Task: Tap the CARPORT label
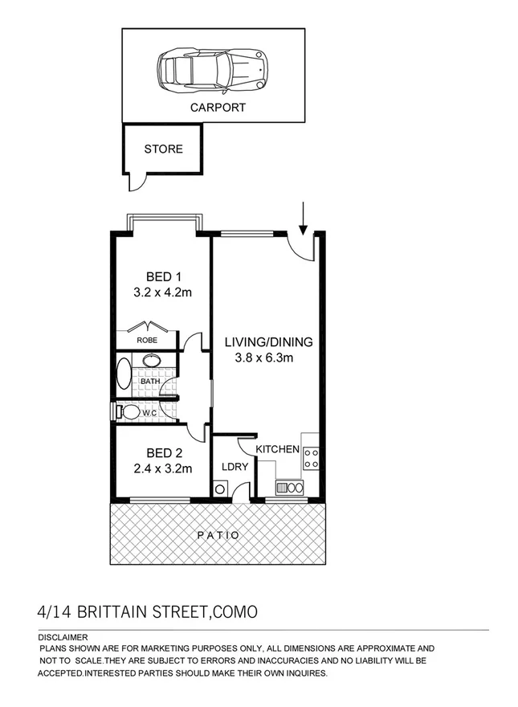point(217,107)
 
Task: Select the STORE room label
point(163,149)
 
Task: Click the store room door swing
point(138,183)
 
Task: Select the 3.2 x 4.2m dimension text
point(162,292)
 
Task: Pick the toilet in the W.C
point(128,412)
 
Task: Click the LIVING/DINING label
point(267,341)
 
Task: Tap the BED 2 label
point(162,452)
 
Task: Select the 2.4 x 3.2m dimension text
point(162,468)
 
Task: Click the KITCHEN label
point(278,449)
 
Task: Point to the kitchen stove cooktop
point(310,459)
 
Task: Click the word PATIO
point(218,534)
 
